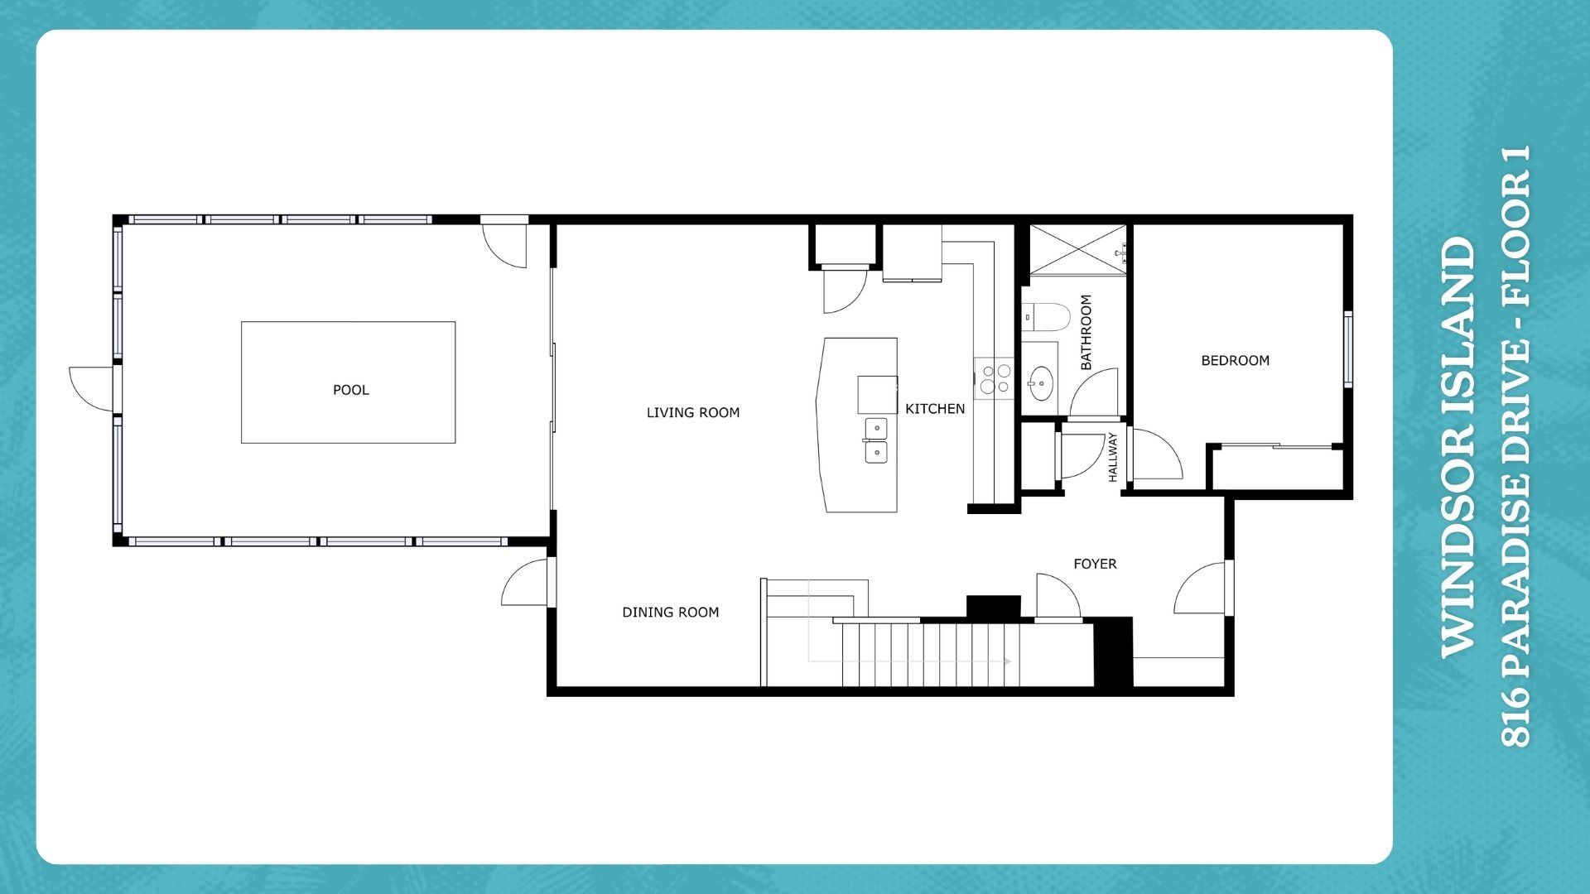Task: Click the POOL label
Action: (351, 390)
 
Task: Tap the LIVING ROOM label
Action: (693, 412)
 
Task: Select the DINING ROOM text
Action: (671, 612)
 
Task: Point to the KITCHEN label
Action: (935, 408)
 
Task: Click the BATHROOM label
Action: (1086, 332)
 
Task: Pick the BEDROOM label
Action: (1236, 360)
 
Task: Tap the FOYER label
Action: (1095, 564)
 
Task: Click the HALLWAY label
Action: (1113, 456)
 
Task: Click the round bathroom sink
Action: (1040, 384)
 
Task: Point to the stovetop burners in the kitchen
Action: (994, 378)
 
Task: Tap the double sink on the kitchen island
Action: (876, 440)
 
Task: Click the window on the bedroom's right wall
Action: (1347, 348)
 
